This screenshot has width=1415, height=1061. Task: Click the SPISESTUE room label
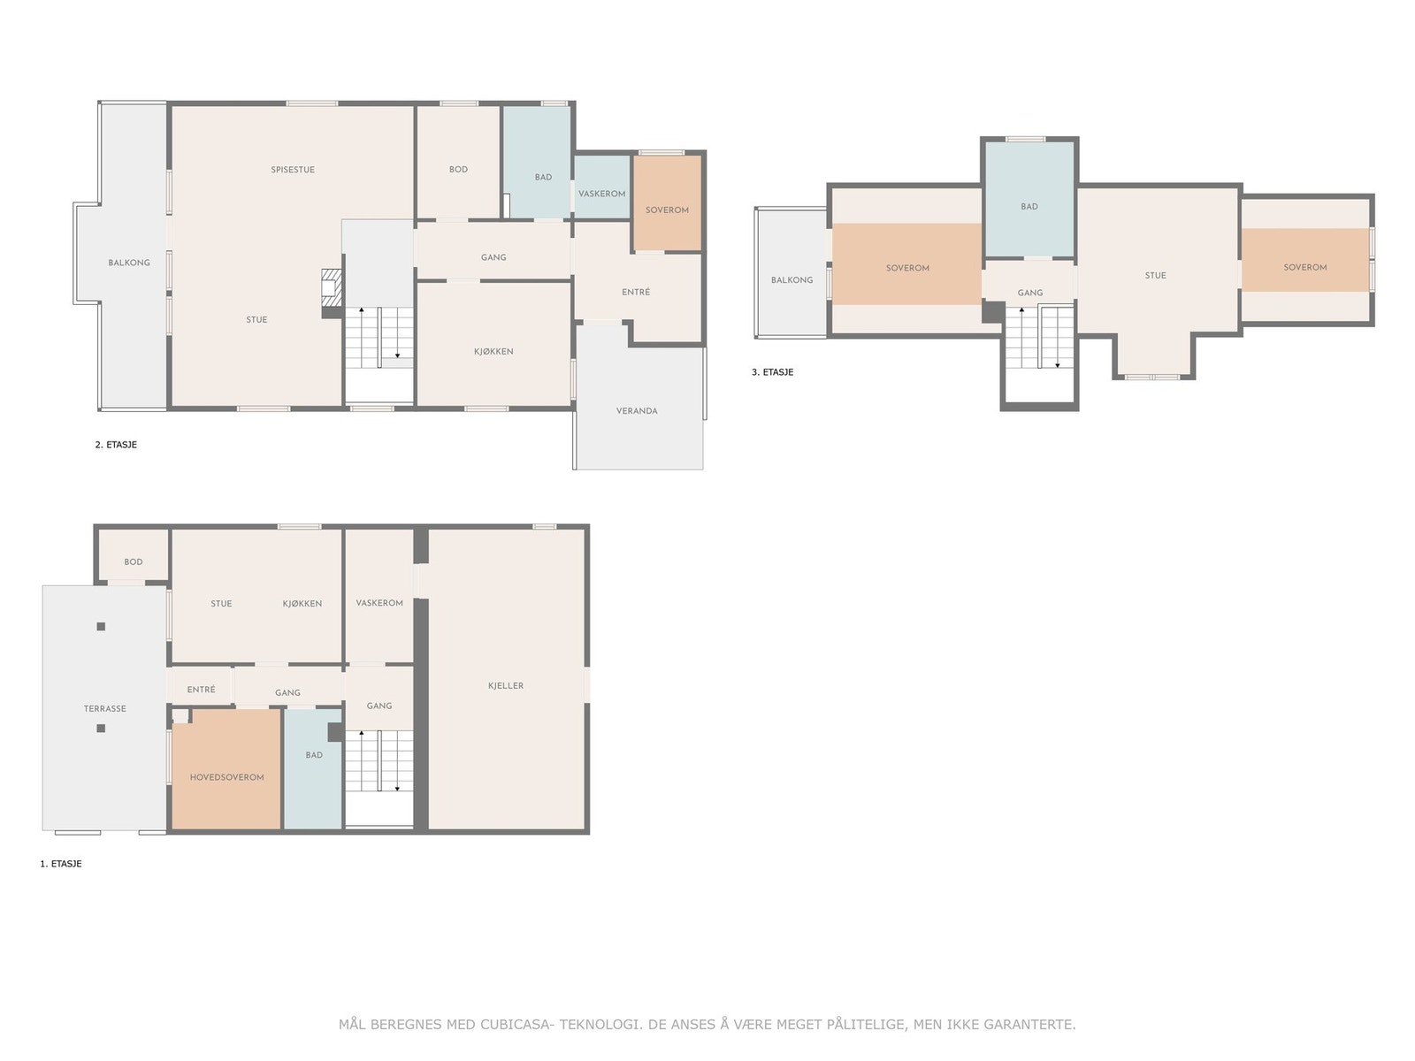point(293,170)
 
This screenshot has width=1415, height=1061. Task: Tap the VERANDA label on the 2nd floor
point(636,410)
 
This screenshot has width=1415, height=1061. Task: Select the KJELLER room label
point(505,685)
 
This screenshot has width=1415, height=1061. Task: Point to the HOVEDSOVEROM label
point(227,777)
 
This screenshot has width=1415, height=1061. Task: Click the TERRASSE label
point(104,708)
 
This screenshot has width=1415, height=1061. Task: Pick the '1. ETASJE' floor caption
point(61,863)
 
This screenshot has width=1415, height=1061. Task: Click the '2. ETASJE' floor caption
point(116,444)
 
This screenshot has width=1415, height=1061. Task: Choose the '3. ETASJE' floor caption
point(772,371)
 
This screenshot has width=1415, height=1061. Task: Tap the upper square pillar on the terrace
point(101,626)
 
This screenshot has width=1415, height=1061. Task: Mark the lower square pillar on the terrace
point(101,728)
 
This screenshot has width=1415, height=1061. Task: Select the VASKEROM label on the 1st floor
point(379,602)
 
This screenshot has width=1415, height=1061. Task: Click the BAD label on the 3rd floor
point(1029,206)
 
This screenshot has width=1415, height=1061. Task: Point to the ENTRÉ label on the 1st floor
point(201,689)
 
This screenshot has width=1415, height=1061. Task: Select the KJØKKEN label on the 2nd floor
point(493,351)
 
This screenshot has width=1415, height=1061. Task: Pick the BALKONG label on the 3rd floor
point(792,279)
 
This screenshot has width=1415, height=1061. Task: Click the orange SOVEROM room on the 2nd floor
point(667,202)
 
